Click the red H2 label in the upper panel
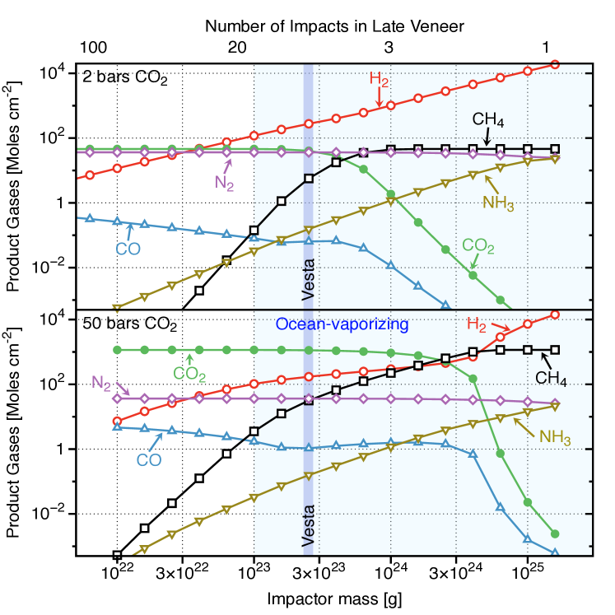(379, 80)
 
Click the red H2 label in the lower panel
(477, 324)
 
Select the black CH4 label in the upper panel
(487, 119)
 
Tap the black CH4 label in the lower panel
(551, 378)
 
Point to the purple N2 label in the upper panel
(224, 183)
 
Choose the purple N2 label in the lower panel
(100, 382)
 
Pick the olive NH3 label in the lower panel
(555, 437)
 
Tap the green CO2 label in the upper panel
(478, 246)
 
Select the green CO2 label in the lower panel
(189, 375)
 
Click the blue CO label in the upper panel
(128, 249)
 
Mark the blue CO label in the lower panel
(148, 460)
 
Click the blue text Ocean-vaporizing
(342, 324)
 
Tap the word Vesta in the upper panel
(309, 281)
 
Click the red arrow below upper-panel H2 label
(379, 98)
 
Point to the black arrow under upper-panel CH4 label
(485, 137)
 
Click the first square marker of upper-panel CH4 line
(254, 231)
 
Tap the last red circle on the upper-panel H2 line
(555, 64)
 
